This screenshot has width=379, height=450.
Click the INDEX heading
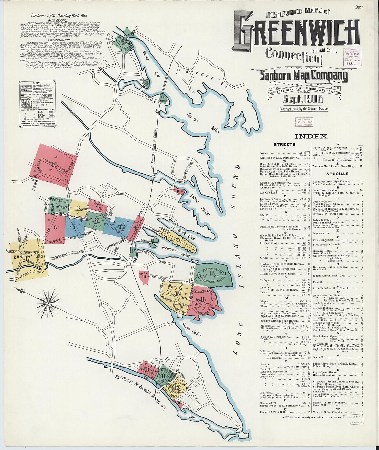[x=311, y=137]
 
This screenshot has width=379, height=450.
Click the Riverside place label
[x=207, y=77]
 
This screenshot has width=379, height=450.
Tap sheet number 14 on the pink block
[x=54, y=165]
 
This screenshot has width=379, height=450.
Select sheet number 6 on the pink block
[x=55, y=227]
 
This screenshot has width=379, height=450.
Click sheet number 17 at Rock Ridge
[x=27, y=258]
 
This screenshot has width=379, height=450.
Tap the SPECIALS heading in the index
[x=337, y=174]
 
